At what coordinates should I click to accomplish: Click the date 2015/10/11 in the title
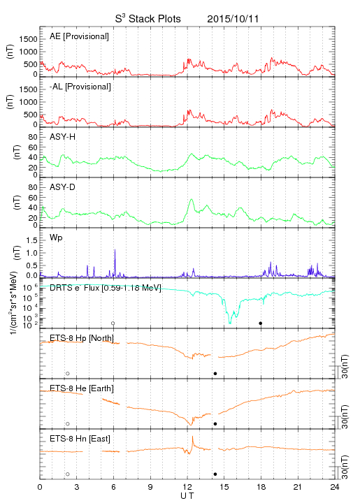coord(233,19)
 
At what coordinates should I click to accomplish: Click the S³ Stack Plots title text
coord(148,19)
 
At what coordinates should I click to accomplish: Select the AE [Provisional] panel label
coord(79,36)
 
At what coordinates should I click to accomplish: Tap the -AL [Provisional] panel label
coord(80,87)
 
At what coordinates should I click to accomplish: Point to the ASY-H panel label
coord(63,137)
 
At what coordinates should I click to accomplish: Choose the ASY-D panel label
coord(63,187)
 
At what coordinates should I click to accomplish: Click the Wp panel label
coord(56,238)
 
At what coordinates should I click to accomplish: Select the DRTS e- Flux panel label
coord(106,288)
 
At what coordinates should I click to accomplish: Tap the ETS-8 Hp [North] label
coord(82,338)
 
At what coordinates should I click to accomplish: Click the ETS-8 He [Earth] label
coord(82,388)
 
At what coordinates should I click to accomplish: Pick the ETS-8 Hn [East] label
coord(80,439)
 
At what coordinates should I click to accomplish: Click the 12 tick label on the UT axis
coord(187,487)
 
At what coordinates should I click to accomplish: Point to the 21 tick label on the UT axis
coord(298,487)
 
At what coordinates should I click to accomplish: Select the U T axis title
coord(187,496)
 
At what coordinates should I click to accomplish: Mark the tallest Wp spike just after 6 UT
coord(115,249)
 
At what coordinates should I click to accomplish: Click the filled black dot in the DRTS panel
coord(261,323)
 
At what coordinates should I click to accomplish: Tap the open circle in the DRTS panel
coord(113,323)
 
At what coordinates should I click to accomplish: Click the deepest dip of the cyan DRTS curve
coord(230,323)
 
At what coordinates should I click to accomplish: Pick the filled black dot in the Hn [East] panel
coord(215,474)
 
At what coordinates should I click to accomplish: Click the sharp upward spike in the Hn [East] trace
coord(192,437)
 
